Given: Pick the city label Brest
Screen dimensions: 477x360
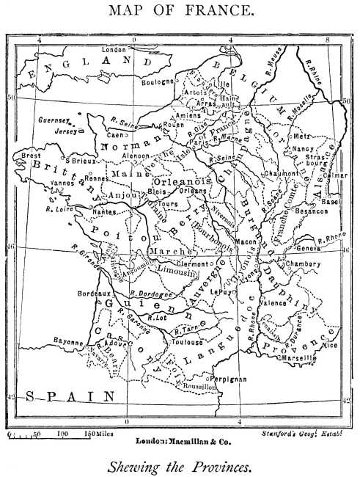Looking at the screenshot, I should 32,156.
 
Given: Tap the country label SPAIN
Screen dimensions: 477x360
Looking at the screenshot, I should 70,396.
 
